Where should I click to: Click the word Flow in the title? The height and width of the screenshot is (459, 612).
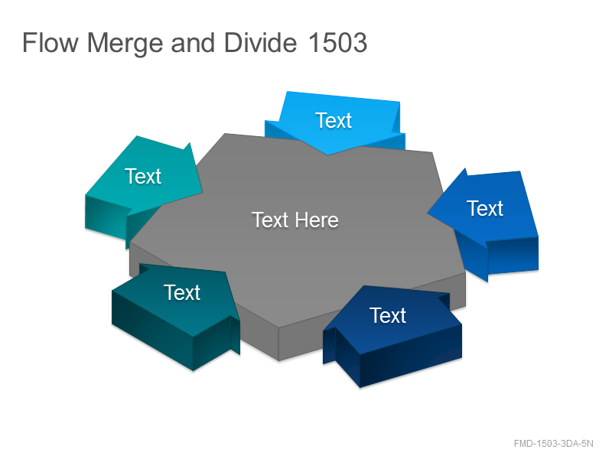click(50, 42)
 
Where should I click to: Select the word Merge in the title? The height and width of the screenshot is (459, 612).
click(125, 44)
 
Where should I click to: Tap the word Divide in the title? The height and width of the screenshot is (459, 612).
click(260, 42)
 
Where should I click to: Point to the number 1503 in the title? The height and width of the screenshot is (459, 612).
click(337, 42)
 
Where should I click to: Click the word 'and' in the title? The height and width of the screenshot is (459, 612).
click(193, 42)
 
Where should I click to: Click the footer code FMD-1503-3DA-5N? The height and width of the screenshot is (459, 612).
click(553, 444)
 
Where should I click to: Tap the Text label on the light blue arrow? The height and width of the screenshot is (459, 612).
click(334, 120)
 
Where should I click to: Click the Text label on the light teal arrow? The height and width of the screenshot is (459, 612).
click(143, 176)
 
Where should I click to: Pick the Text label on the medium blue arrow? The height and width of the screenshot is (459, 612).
click(485, 208)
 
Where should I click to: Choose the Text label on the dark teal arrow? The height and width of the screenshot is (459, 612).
click(182, 292)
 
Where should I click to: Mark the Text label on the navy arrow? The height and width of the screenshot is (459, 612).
click(388, 315)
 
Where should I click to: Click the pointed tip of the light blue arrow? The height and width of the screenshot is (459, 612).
click(327, 155)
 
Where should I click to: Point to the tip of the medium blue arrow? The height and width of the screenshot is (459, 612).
click(428, 213)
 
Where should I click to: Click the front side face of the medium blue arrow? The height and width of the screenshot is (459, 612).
click(513, 256)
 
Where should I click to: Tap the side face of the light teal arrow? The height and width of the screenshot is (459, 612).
click(106, 216)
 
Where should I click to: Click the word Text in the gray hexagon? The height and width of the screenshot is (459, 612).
click(270, 220)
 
